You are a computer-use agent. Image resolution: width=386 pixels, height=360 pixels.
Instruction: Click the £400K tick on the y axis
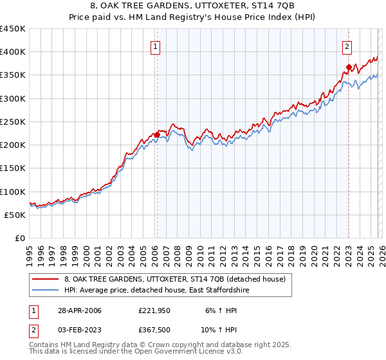[x=13, y=52]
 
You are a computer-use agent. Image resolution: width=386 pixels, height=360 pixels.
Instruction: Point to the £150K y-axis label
[x=13, y=168]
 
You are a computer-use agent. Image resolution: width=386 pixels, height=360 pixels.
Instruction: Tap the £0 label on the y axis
[x=19, y=238]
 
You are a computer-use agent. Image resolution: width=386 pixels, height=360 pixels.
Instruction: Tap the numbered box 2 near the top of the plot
[x=347, y=46]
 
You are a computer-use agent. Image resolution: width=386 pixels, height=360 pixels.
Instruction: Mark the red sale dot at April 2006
[x=156, y=135]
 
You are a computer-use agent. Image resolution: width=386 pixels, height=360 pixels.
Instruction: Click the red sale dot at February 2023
[x=348, y=67]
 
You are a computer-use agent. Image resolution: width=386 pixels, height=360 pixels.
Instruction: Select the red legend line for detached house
[x=44, y=279]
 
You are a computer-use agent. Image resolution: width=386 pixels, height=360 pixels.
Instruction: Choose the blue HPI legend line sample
[x=44, y=291]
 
